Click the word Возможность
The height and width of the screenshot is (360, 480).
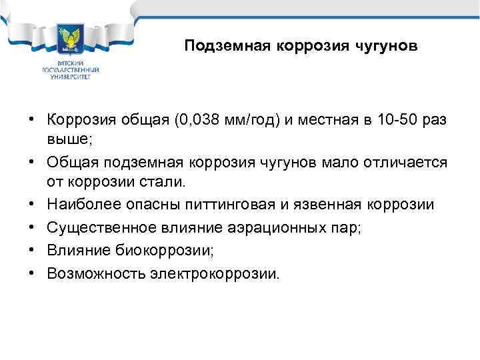point(89,274)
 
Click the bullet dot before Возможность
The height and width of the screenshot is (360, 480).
point(31,274)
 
